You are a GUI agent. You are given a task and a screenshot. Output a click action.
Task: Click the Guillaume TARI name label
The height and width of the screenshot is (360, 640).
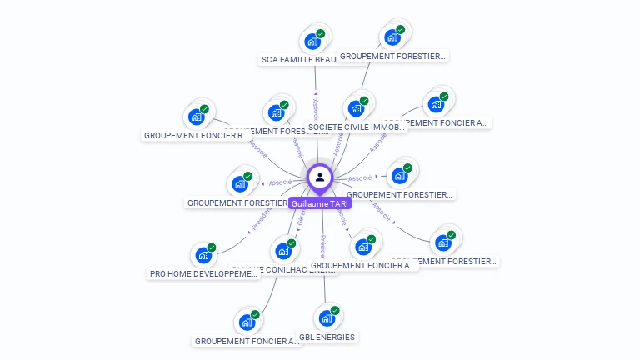click(x=321, y=203)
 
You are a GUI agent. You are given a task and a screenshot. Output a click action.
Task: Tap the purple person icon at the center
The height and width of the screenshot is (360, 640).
click(x=320, y=177)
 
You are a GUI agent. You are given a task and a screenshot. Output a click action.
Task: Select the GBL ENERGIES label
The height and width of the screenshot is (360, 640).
click(x=327, y=337)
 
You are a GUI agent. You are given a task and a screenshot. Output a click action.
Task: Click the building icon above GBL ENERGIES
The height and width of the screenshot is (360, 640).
click(x=326, y=318)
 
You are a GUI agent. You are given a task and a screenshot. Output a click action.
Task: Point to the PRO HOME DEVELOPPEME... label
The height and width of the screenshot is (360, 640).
click(x=204, y=273)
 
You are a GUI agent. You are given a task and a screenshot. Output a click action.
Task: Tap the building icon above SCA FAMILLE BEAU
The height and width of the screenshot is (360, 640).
click(x=312, y=42)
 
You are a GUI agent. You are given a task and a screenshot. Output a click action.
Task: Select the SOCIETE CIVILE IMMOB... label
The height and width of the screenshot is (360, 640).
click(x=356, y=127)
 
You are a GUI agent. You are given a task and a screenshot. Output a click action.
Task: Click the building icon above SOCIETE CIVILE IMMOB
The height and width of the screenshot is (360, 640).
click(x=356, y=108)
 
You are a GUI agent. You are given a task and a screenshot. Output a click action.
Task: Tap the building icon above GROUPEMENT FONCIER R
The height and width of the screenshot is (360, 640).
click(x=196, y=117)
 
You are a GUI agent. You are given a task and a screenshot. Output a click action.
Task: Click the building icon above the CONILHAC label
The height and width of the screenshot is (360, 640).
click(x=283, y=250)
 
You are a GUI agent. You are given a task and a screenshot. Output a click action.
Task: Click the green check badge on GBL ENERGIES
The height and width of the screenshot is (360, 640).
click(x=335, y=310)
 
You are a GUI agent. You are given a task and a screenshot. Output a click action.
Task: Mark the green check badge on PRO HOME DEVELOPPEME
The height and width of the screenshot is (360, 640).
click(x=212, y=247)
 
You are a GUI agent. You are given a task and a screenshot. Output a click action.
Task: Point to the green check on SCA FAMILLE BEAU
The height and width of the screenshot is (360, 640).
click(x=321, y=33)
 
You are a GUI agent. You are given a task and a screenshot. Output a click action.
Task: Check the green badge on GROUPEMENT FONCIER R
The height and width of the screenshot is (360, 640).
click(x=205, y=108)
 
